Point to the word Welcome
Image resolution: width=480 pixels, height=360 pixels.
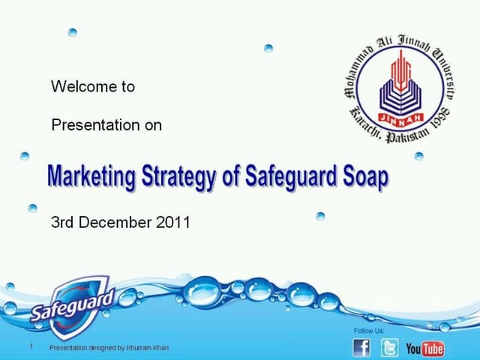(x=83, y=86)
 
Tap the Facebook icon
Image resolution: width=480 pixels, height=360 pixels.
(x=361, y=346)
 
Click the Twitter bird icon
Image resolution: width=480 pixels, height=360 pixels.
(x=389, y=347)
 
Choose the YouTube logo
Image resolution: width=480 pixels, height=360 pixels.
(x=424, y=348)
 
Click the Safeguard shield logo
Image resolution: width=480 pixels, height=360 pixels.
(x=71, y=303)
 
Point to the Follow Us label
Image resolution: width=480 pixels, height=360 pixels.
(x=368, y=331)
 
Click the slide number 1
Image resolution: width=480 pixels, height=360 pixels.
(x=31, y=346)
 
